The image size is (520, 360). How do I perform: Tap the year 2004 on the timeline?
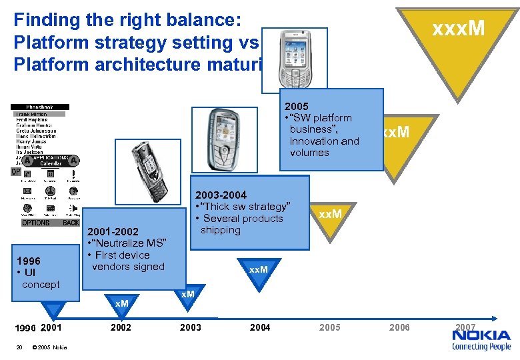(259, 327)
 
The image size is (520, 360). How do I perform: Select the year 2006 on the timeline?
(399, 327)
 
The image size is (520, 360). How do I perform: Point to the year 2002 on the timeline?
(121, 327)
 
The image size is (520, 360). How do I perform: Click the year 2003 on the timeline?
(190, 327)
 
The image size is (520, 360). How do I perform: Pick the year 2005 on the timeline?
(329, 327)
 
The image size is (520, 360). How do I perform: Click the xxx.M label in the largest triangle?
(458, 29)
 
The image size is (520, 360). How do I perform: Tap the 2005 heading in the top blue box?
(296, 106)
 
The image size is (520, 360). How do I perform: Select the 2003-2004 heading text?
(221, 195)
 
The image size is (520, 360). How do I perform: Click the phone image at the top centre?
(294, 58)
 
